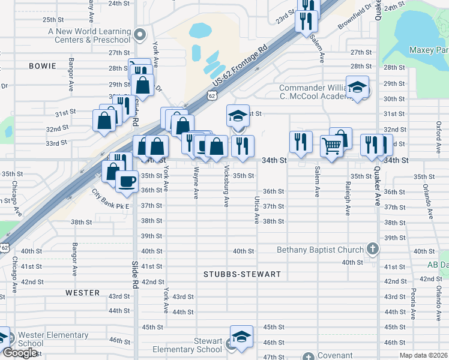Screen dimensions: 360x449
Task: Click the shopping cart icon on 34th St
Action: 331,145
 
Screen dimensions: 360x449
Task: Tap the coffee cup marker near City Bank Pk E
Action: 126,181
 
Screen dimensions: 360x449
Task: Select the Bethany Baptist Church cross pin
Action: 372,249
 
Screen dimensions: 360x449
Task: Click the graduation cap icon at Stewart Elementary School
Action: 241,337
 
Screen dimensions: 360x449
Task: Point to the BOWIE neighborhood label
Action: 42,65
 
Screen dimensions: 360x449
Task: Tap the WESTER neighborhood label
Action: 83,293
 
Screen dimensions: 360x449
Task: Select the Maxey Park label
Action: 428,50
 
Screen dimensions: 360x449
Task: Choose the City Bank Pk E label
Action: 110,200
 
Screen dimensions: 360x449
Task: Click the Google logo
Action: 19,353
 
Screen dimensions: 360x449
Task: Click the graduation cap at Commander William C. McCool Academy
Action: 357,89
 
